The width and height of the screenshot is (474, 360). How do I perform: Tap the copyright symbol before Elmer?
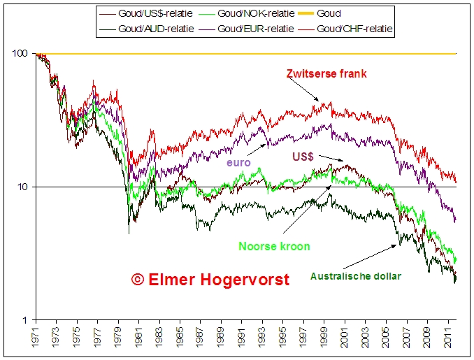138,280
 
